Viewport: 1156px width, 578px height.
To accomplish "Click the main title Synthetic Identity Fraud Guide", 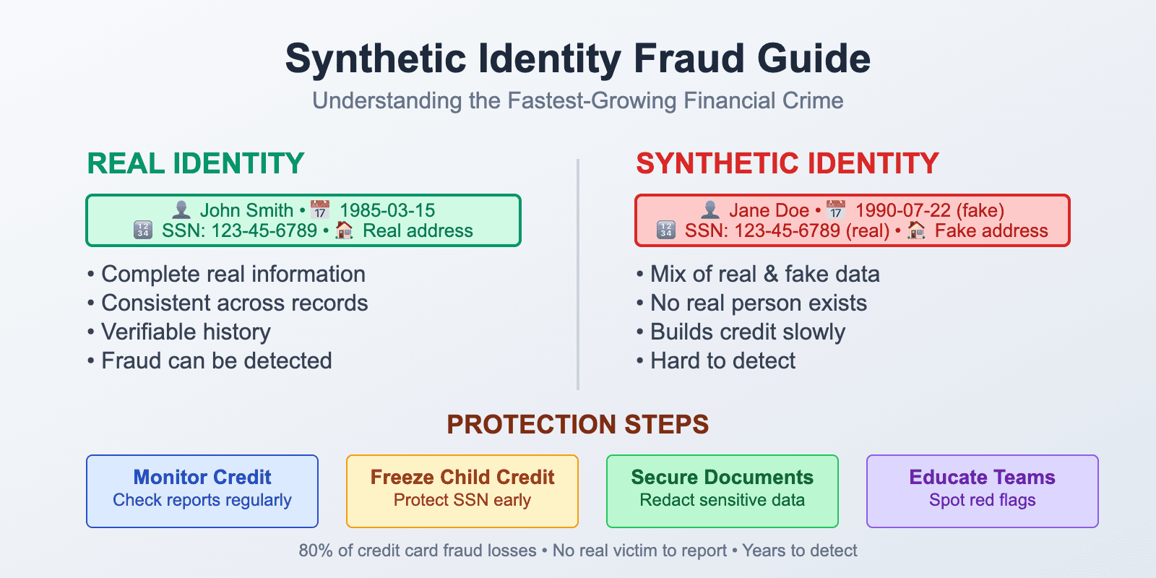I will coord(577,59).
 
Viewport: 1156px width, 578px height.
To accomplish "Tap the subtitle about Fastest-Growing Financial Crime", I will coord(577,100).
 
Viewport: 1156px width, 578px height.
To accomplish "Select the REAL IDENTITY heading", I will coord(195,164).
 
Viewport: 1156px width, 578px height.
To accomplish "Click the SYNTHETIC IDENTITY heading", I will coord(787,164).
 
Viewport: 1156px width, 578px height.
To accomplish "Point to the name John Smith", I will coord(246,210).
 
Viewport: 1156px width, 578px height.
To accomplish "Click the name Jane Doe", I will coord(768,210).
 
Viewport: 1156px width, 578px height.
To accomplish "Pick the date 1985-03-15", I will coord(387,210).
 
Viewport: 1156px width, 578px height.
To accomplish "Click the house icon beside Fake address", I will coord(916,230).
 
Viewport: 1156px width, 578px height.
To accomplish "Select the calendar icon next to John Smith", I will coord(319,210).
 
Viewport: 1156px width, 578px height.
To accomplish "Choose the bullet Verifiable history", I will coord(185,332).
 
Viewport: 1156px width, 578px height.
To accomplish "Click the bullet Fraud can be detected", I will coord(216,361).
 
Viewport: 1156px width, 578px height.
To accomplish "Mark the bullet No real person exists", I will coord(758,303).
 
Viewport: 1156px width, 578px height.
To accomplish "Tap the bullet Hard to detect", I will coord(722,361).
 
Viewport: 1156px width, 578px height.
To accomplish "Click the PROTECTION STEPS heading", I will coord(577,424).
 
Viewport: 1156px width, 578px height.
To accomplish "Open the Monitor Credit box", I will coord(202,491).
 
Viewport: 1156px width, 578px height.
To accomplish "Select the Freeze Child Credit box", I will coord(462,491).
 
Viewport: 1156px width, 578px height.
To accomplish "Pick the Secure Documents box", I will coord(722,491).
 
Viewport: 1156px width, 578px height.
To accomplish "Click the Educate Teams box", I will coord(983,491).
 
